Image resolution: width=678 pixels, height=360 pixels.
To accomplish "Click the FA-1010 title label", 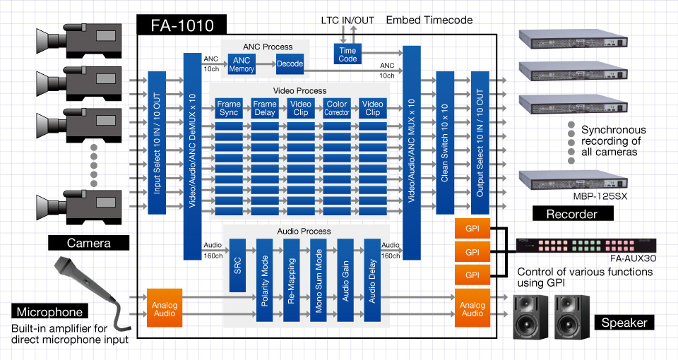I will (x=181, y=26).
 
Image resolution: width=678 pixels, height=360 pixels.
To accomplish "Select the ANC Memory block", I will (x=242, y=64).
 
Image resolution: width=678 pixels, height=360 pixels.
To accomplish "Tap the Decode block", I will (x=290, y=64).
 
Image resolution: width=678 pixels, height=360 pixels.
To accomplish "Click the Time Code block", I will (x=347, y=54).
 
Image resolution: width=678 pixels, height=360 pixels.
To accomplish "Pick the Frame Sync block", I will (x=229, y=108).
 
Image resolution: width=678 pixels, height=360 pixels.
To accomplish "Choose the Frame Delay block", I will (x=265, y=108).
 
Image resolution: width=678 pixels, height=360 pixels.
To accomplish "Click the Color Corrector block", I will (x=337, y=108).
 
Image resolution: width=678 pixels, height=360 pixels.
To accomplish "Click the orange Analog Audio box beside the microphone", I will (x=165, y=308).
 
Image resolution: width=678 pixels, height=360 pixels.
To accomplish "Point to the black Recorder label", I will (x=572, y=213).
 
